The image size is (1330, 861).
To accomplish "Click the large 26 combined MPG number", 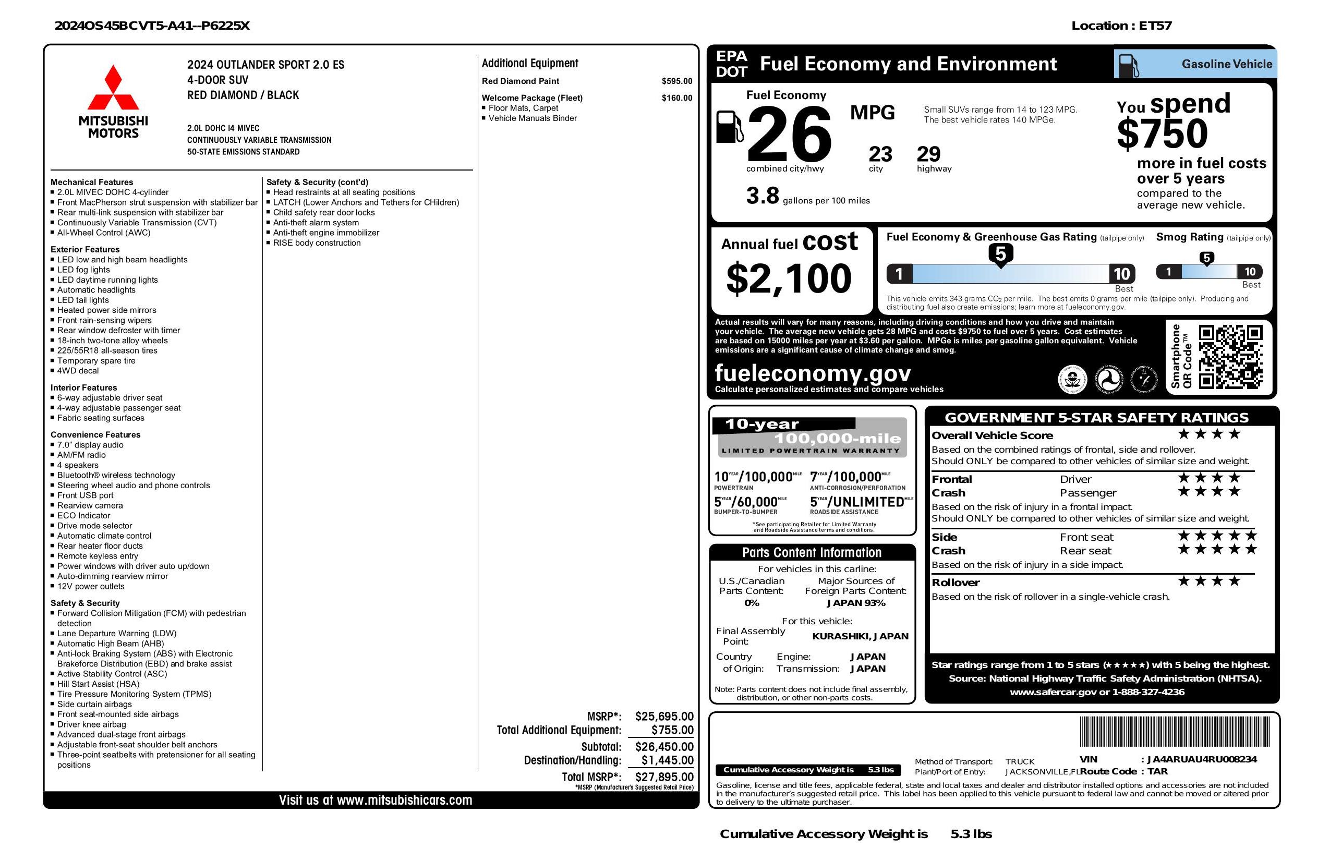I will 789,134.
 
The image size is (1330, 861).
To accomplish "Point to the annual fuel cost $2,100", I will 789,278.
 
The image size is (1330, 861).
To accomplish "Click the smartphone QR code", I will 1230,357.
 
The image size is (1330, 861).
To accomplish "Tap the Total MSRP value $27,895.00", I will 664,777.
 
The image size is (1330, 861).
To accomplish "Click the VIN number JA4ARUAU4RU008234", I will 1202,759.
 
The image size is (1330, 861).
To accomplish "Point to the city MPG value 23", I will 880,154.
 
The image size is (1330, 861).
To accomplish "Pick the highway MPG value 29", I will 928,154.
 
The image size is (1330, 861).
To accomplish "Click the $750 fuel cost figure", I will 1163,134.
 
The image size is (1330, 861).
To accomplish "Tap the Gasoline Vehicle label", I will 1227,64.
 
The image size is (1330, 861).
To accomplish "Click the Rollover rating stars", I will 1209,581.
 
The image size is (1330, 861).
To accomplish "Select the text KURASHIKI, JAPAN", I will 860,636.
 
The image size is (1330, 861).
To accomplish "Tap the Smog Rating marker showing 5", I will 1206,258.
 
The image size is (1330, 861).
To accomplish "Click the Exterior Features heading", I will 85,249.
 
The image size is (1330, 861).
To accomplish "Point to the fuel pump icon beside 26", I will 729,127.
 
